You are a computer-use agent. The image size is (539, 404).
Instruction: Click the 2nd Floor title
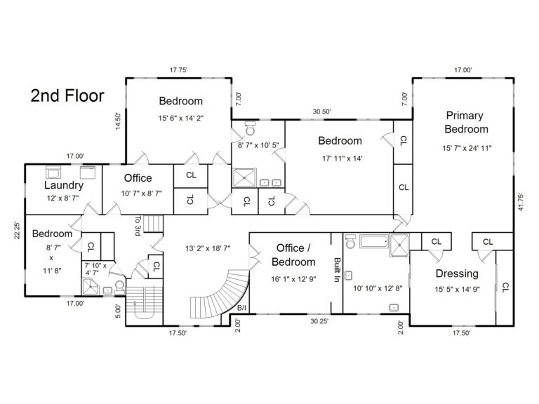[67, 95]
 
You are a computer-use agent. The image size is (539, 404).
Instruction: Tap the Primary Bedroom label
[466, 122]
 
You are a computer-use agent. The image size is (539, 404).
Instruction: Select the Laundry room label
[64, 186]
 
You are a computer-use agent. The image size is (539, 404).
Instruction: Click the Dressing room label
[457, 274]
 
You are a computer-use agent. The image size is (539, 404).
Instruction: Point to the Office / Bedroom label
[294, 255]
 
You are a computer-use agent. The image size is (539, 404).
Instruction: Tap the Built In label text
[337, 269]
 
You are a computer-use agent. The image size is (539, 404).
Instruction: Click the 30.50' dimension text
[321, 112]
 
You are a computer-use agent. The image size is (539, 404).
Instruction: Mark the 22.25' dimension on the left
[18, 231]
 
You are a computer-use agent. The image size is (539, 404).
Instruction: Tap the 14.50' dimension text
[119, 121]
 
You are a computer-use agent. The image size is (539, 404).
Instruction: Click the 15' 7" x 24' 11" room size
[467, 148]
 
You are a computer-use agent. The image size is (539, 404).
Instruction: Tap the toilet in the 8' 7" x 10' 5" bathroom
[249, 129]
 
